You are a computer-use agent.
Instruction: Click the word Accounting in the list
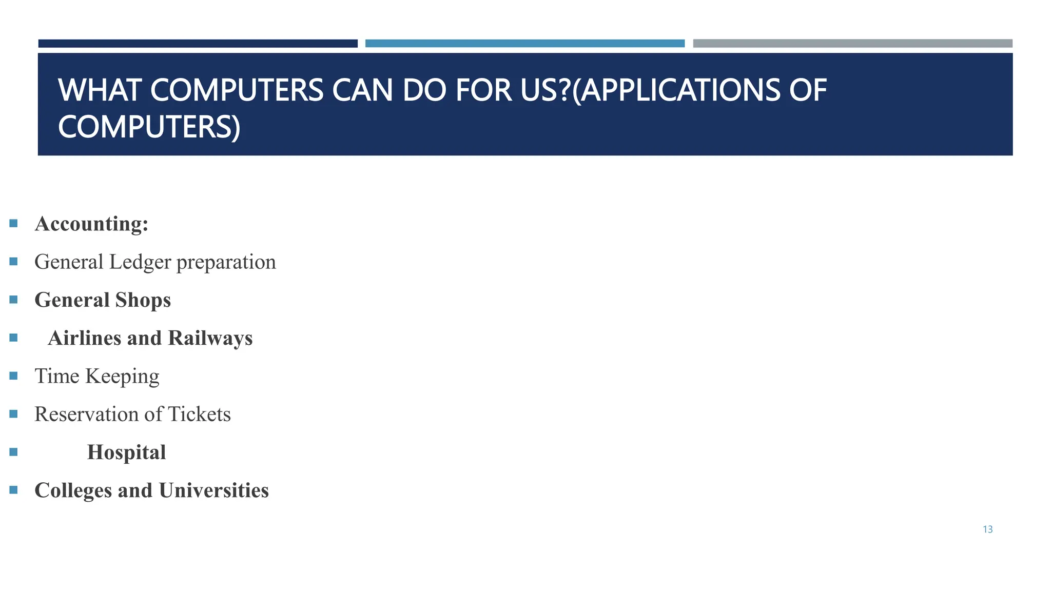pos(91,224)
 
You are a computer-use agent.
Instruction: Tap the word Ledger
pos(140,262)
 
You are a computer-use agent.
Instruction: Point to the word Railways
pos(210,338)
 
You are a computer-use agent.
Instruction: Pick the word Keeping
pos(122,377)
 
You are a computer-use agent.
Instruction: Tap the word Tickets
pos(199,415)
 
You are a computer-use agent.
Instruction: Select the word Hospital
pos(126,452)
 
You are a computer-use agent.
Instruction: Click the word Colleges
pos(73,491)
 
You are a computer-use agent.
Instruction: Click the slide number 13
pos(987,529)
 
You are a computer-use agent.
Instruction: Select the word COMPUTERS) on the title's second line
pos(149,127)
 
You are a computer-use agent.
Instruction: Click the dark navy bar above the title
pos(198,44)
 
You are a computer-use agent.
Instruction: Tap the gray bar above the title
pos(852,44)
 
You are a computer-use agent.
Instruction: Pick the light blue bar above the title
pos(524,44)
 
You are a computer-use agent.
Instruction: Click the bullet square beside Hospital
pos(14,452)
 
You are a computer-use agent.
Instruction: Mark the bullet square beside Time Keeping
pos(14,376)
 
